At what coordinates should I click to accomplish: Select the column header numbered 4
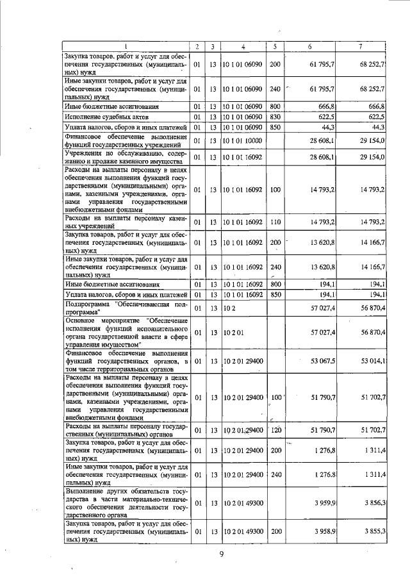tap(243, 46)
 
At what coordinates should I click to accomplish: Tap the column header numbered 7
tap(361, 46)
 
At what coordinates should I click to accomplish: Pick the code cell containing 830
tap(275, 117)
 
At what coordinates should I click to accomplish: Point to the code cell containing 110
tap(275, 222)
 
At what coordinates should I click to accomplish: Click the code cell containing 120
tap(275, 429)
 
